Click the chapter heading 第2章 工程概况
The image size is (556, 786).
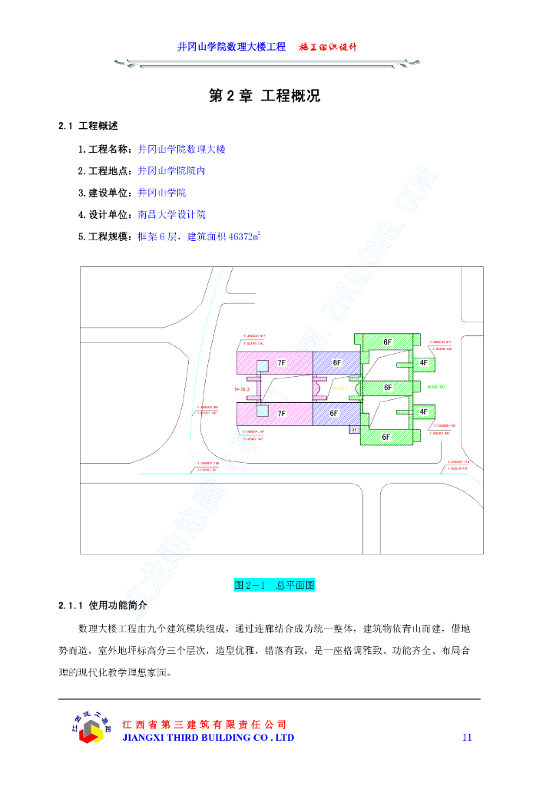point(265,97)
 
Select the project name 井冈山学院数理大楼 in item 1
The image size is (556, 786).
point(182,149)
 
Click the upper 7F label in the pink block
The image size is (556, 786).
point(282,362)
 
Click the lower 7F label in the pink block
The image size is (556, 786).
point(282,414)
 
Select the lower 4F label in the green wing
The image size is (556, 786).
point(423,412)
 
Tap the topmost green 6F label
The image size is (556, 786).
point(388,341)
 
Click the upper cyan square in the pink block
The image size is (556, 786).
point(263,365)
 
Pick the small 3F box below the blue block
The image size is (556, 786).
point(353,431)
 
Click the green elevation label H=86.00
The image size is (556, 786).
point(436,388)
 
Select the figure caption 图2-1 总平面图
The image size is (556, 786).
point(275,585)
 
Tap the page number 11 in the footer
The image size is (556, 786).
point(467,738)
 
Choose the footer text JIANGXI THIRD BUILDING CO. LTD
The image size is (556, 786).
point(209,738)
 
